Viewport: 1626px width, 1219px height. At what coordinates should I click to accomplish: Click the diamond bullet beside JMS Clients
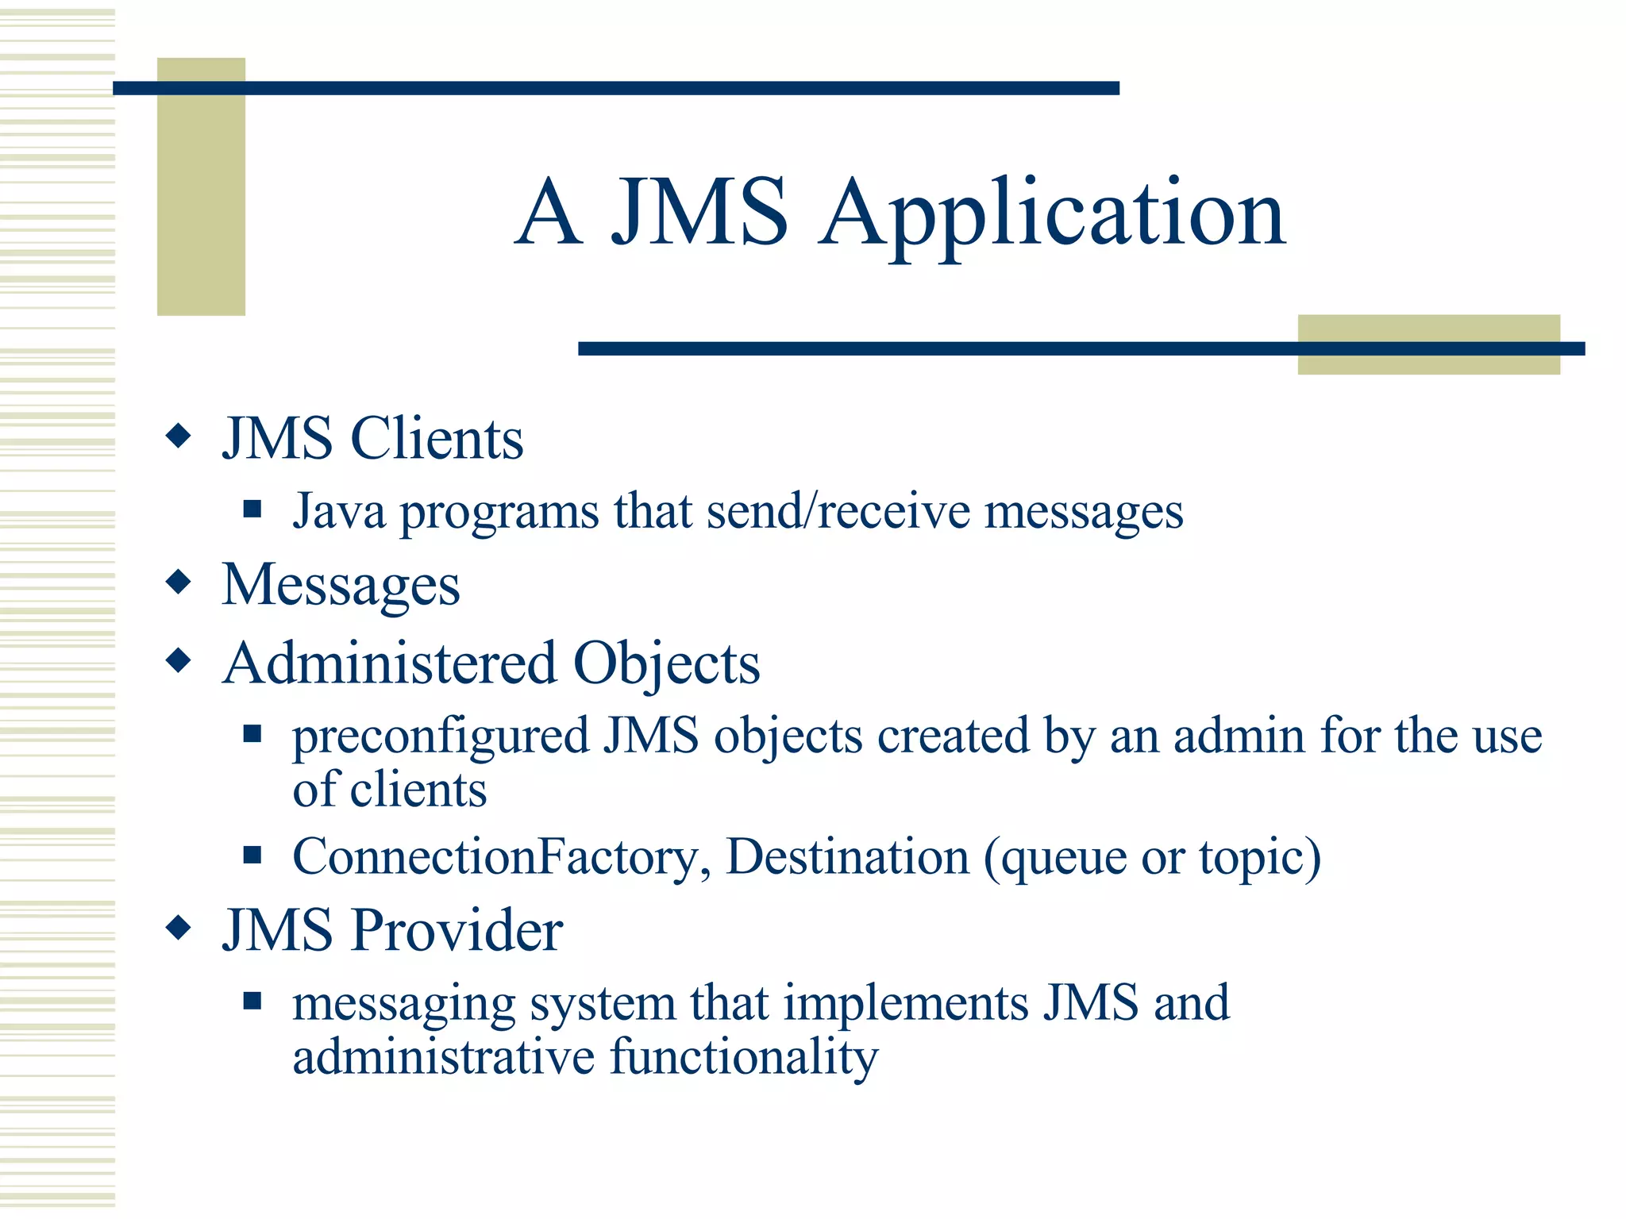coord(179,436)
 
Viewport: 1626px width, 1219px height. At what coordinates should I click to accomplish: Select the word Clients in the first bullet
coord(437,439)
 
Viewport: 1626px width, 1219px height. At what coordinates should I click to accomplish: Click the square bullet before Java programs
coord(252,509)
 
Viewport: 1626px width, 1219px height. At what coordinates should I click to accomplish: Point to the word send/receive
coord(838,512)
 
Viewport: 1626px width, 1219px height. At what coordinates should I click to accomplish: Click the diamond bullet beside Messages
coord(179,582)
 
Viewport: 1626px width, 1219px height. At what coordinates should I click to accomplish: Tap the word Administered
coord(389,663)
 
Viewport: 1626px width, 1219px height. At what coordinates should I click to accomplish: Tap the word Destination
coord(848,857)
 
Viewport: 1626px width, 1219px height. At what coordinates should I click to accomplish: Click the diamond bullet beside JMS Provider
coord(179,927)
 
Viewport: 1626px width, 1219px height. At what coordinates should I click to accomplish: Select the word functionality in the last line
coord(744,1058)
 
